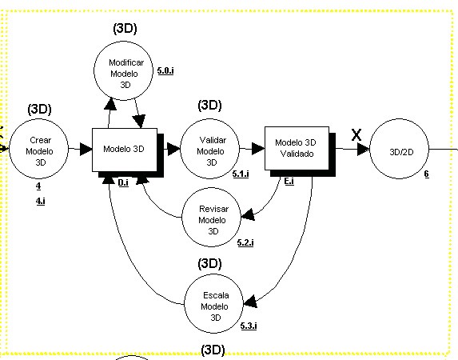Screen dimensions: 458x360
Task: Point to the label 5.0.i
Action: point(165,70)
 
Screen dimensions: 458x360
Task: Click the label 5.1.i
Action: point(241,174)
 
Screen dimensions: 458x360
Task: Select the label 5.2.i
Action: point(245,242)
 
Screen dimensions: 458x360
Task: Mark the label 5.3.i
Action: point(249,326)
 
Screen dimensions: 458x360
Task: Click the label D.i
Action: point(123,182)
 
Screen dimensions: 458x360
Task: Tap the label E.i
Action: point(289,182)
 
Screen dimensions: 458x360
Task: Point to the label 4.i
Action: point(41,202)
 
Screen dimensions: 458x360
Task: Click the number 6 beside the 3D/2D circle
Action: point(427,174)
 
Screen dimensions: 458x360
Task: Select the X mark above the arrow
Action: point(356,135)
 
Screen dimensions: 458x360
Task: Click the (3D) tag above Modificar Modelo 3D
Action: point(125,29)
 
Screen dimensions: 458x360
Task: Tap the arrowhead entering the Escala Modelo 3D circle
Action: point(250,302)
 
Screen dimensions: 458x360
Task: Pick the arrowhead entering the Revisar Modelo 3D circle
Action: point(248,214)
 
